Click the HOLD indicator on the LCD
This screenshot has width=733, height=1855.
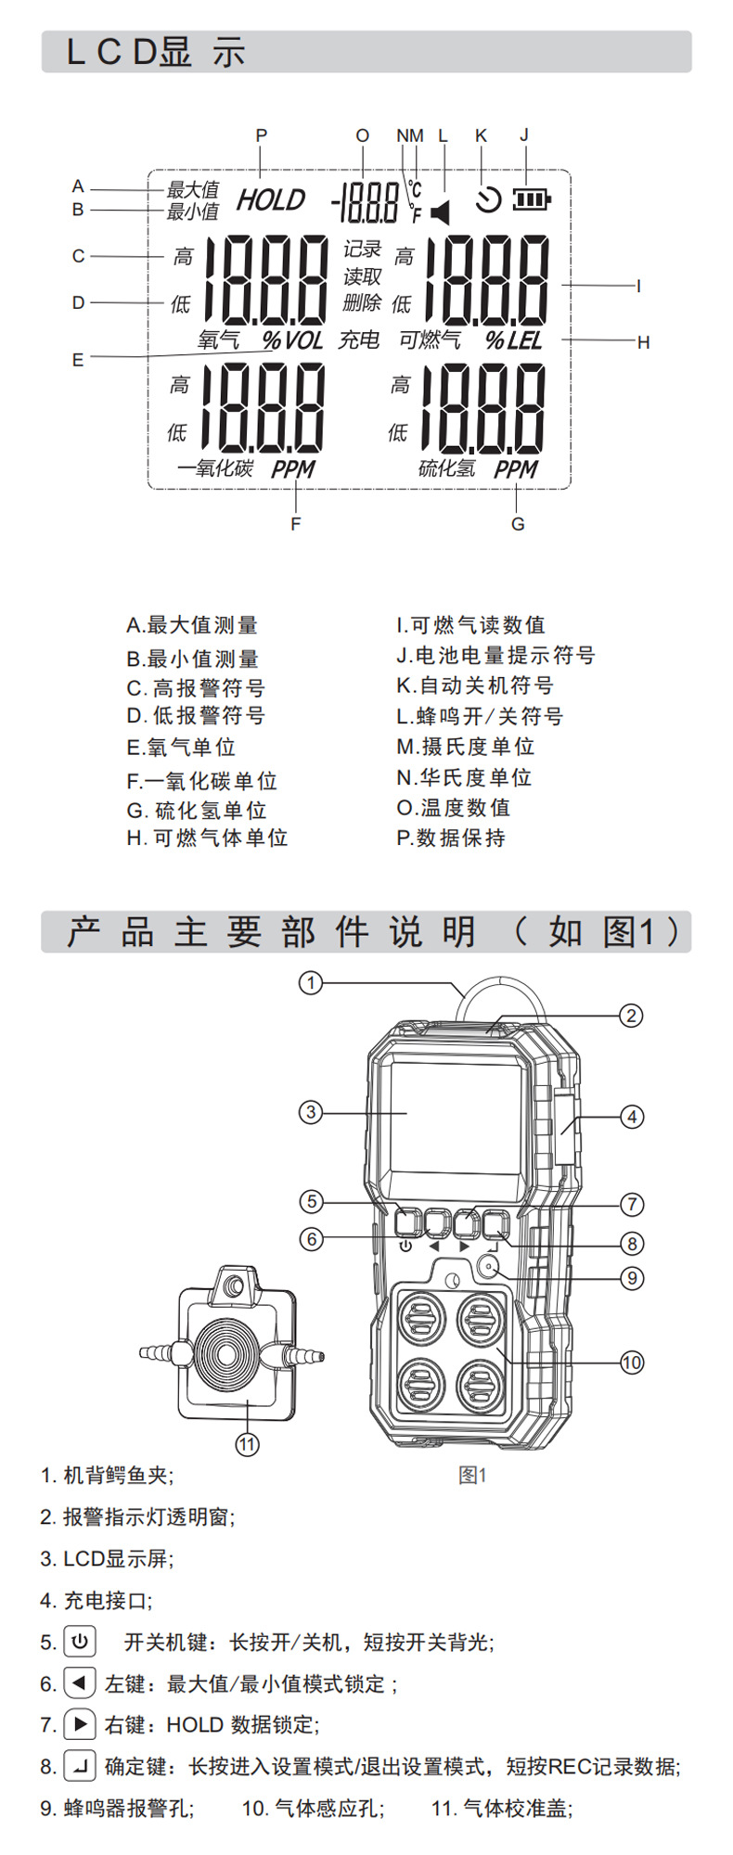pos(270,200)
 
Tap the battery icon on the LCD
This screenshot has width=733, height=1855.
pos(532,198)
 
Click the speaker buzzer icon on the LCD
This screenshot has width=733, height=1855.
pos(441,212)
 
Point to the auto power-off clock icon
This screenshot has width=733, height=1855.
pos(488,199)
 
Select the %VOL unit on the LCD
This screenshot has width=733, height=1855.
pos(292,340)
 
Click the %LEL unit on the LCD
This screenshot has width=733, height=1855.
pos(514,340)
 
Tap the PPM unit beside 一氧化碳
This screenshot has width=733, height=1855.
pos(293,469)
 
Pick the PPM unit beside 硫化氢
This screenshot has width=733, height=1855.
pos(516,469)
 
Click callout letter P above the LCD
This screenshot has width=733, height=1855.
pos(262,135)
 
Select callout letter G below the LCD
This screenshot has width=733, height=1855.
pos(518,524)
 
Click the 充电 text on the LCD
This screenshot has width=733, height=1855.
pos(359,340)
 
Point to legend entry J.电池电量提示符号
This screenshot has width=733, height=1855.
pos(495,656)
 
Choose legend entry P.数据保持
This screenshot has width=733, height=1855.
pos(451,838)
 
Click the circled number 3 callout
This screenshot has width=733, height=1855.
pos(311,1111)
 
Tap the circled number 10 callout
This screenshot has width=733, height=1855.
pos(632,1362)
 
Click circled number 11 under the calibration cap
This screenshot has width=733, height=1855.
pos(247,1444)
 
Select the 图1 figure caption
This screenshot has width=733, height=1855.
pos(472,1475)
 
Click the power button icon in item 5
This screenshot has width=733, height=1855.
pos(80,1642)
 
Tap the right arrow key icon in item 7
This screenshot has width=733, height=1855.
pos(80,1724)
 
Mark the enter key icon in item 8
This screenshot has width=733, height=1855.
pos(80,1766)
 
